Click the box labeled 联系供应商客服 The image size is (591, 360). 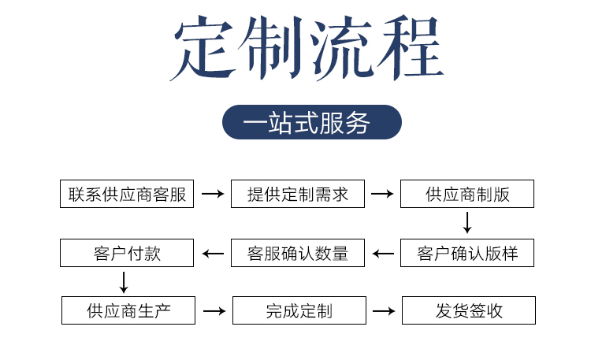[x=127, y=194]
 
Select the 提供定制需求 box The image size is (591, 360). [x=298, y=194]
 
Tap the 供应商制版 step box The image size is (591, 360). [x=467, y=194]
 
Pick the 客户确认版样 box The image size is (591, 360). [x=467, y=253]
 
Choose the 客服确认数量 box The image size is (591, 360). [x=298, y=253]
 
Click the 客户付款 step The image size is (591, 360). [x=127, y=253]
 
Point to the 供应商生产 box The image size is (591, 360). [x=128, y=310]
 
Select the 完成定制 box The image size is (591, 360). [x=299, y=310]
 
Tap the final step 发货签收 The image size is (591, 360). [x=469, y=310]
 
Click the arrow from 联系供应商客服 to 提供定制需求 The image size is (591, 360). [x=213, y=194]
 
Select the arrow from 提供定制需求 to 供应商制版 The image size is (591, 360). [x=382, y=194]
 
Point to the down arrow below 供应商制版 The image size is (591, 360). [x=467, y=223]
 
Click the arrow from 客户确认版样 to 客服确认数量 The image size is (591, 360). [x=383, y=254]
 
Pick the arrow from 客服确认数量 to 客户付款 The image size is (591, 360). [x=213, y=254]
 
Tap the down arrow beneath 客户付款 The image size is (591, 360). [x=124, y=282]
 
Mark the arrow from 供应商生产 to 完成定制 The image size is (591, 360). [x=214, y=311]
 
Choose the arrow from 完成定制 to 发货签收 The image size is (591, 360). [x=384, y=311]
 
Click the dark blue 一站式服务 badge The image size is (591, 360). [x=312, y=122]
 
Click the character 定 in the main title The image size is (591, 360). [x=203, y=48]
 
